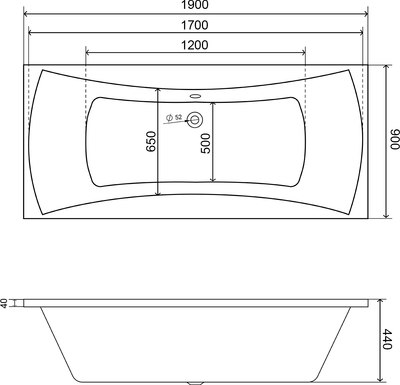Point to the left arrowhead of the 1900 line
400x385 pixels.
26,16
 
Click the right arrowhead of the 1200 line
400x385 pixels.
303,52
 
